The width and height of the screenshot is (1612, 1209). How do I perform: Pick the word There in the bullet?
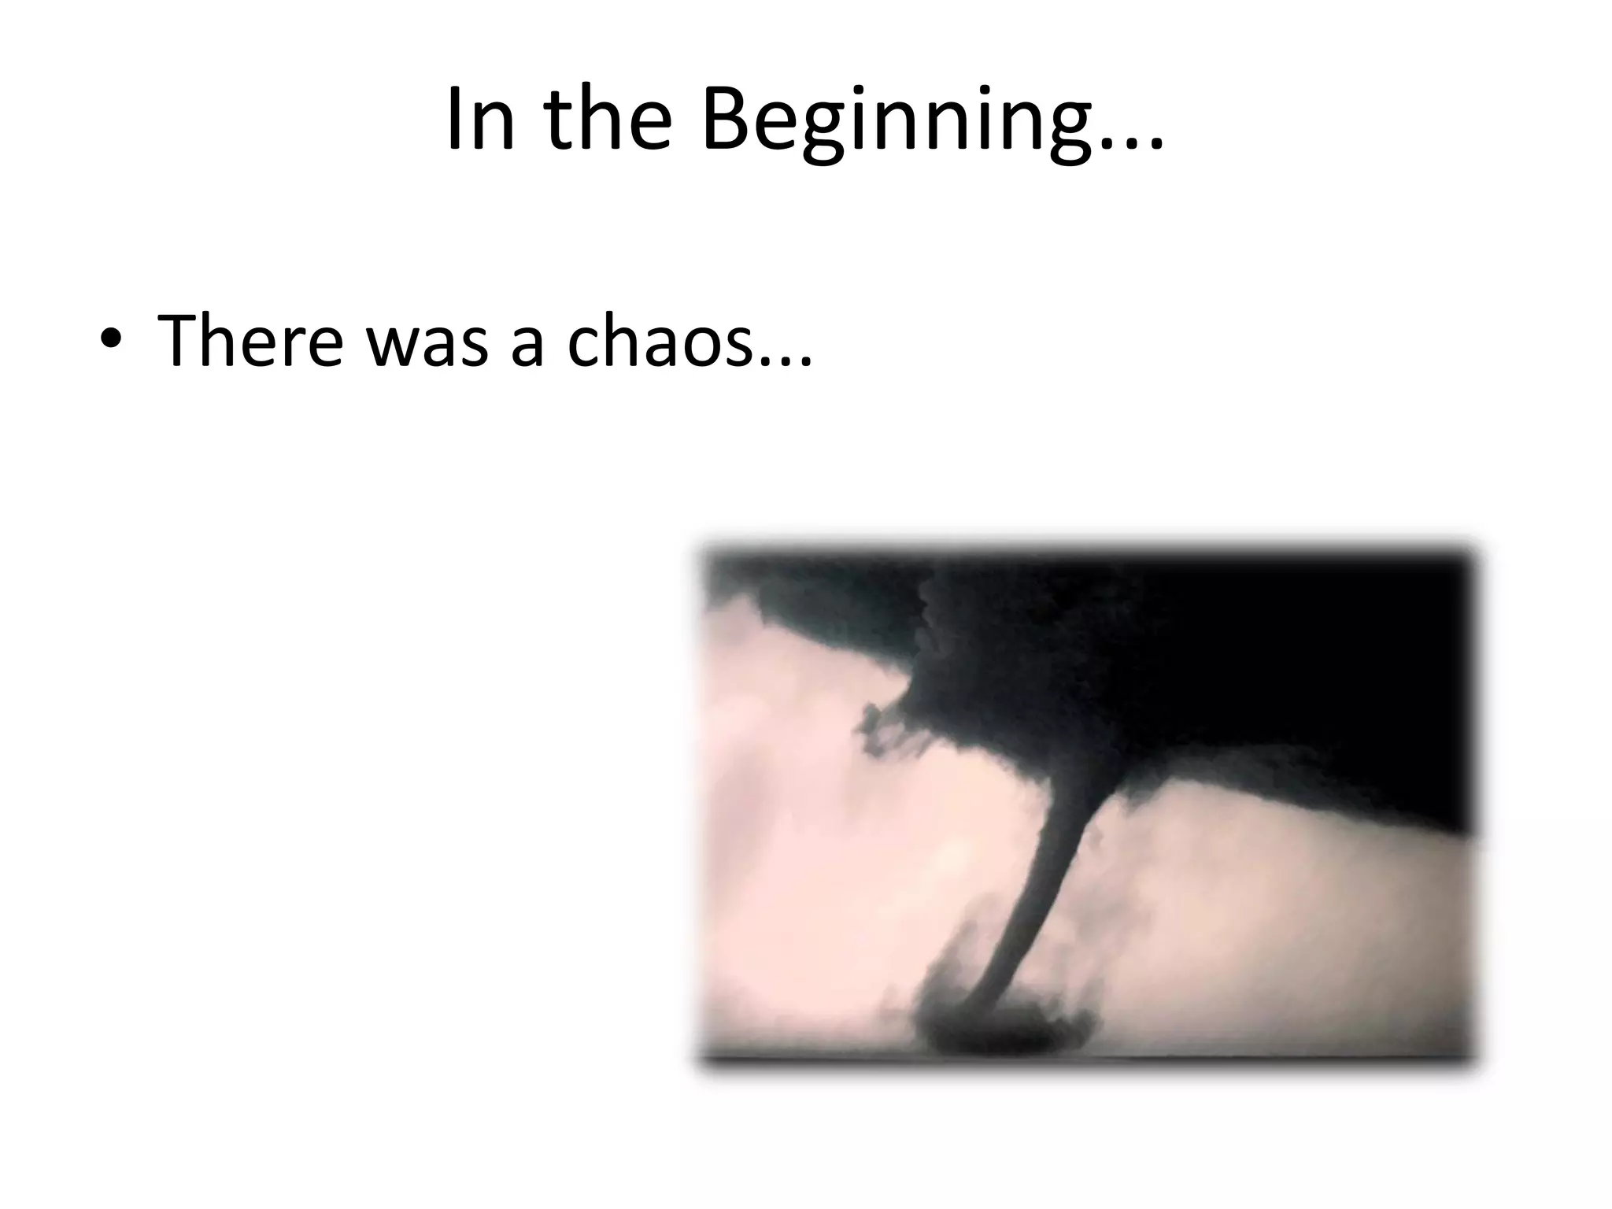pos(250,340)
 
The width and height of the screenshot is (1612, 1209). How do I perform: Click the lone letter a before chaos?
pos(527,346)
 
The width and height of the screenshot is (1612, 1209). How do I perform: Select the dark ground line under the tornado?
pos(1086,1059)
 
